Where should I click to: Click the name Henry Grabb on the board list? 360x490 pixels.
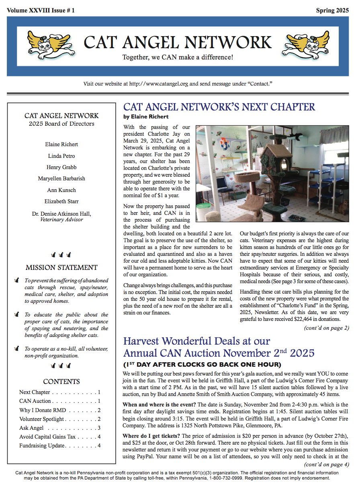[61, 167]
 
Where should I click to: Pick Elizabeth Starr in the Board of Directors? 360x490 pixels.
[61, 201]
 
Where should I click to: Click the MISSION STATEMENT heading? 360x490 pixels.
[61, 267]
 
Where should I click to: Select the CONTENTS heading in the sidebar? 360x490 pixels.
[61, 382]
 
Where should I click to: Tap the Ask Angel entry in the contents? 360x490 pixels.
[32, 428]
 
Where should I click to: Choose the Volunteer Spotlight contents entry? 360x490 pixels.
[41, 419]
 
